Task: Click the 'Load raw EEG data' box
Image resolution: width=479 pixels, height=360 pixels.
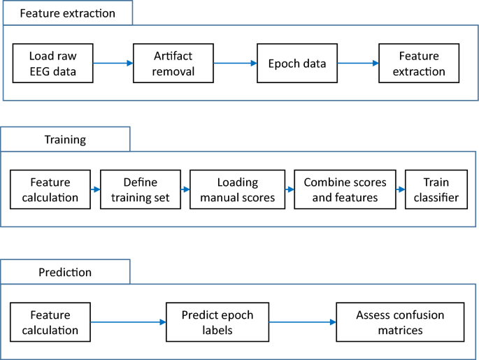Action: (52, 64)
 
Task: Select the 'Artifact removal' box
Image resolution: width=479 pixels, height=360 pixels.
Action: (173, 64)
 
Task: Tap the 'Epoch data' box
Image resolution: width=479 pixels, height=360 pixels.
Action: (297, 64)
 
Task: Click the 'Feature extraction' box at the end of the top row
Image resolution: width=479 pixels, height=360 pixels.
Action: (419, 64)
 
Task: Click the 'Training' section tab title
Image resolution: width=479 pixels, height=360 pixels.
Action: (65, 139)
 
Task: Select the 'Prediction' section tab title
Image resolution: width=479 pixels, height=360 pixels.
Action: (65, 272)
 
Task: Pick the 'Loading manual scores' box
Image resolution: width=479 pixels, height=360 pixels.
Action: (238, 190)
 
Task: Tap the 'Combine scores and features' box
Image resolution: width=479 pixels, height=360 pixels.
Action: (345, 190)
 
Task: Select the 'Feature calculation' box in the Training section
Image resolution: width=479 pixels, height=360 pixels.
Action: (50, 190)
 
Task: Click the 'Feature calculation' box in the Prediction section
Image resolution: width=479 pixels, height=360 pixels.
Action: (50, 322)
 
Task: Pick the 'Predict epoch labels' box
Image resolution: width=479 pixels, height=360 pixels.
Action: (217, 322)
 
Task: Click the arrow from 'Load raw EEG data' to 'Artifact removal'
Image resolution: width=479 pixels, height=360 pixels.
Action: (113, 64)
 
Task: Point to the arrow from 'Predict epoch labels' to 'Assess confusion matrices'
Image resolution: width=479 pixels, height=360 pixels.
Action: (302, 322)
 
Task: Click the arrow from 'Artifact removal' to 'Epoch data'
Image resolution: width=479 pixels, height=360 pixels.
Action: (235, 64)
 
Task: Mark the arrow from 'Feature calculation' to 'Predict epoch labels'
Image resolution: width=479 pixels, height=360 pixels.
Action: (128, 322)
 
